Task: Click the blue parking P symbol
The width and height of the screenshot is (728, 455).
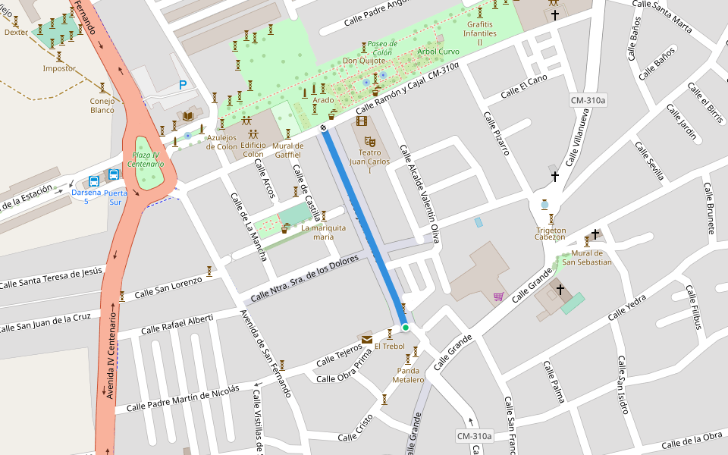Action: pyautogui.click(x=182, y=86)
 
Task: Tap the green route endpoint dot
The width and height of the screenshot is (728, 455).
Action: pyautogui.click(x=406, y=328)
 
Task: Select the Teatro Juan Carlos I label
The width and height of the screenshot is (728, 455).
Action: pyautogui.click(x=369, y=162)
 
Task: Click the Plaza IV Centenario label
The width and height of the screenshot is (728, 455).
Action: pyautogui.click(x=146, y=159)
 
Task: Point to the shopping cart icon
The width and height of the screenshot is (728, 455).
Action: pyautogui.click(x=498, y=297)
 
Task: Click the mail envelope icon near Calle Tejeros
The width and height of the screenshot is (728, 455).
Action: pyautogui.click(x=367, y=339)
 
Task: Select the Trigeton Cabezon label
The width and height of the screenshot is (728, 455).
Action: pyautogui.click(x=551, y=234)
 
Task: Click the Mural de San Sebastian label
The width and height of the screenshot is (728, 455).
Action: pyautogui.click(x=586, y=258)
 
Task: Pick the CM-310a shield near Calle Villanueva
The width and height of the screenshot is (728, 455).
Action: pyautogui.click(x=588, y=101)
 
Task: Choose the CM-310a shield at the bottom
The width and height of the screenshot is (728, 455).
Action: pyautogui.click(x=474, y=436)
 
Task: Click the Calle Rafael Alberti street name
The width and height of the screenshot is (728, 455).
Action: pyautogui.click(x=165, y=324)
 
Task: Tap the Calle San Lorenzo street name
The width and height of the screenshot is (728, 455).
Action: pyautogui.click(x=168, y=287)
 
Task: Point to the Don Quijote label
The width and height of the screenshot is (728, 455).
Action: pyautogui.click(x=360, y=61)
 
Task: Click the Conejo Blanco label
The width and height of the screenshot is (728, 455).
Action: pyautogui.click(x=102, y=105)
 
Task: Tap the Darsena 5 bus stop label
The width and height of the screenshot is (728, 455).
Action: pyautogui.click(x=86, y=196)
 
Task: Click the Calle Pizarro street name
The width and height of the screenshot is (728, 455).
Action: pyautogui.click(x=496, y=133)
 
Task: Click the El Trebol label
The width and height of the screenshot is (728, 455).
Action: pyautogui.click(x=389, y=347)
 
